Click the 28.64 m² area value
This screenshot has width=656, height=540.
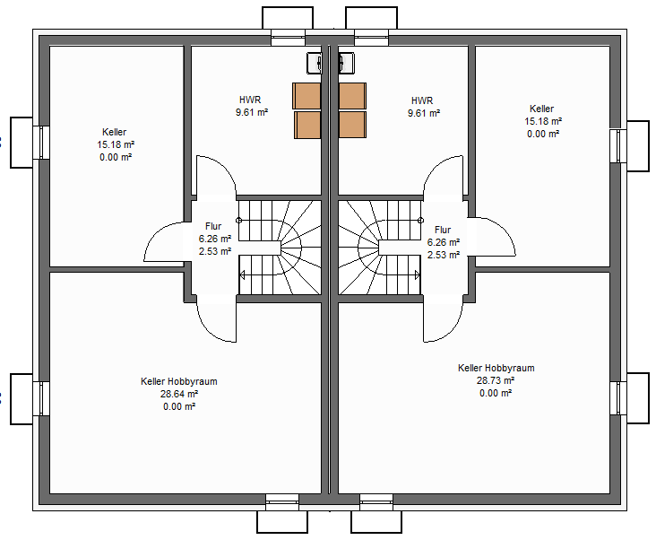click(x=179, y=394)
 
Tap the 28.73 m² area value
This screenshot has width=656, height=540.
click(x=496, y=380)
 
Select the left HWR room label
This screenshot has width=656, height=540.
click(x=250, y=100)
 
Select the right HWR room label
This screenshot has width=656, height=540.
click(x=422, y=100)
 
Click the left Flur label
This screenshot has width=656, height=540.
click(x=213, y=226)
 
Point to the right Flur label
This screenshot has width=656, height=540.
click(x=443, y=230)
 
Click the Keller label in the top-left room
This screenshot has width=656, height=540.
click(x=114, y=132)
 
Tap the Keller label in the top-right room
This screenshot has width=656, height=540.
click(x=542, y=109)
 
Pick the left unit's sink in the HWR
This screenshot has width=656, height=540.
click(x=315, y=63)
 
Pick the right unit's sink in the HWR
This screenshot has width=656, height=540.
click(x=347, y=63)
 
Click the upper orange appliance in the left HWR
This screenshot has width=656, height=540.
click(x=306, y=96)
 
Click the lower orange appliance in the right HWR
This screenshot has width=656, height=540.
click(x=353, y=125)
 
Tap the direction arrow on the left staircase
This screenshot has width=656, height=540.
click(x=242, y=275)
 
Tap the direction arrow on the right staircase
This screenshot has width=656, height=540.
click(x=417, y=275)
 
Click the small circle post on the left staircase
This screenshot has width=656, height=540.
click(x=239, y=220)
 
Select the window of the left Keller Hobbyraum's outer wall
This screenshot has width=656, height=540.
click(x=41, y=398)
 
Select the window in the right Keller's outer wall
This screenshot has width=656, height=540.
click(x=618, y=145)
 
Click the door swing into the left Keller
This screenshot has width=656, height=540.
click(x=164, y=241)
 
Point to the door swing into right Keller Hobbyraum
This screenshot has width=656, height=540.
click(x=444, y=319)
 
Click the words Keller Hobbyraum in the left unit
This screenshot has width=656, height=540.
click(x=179, y=381)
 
